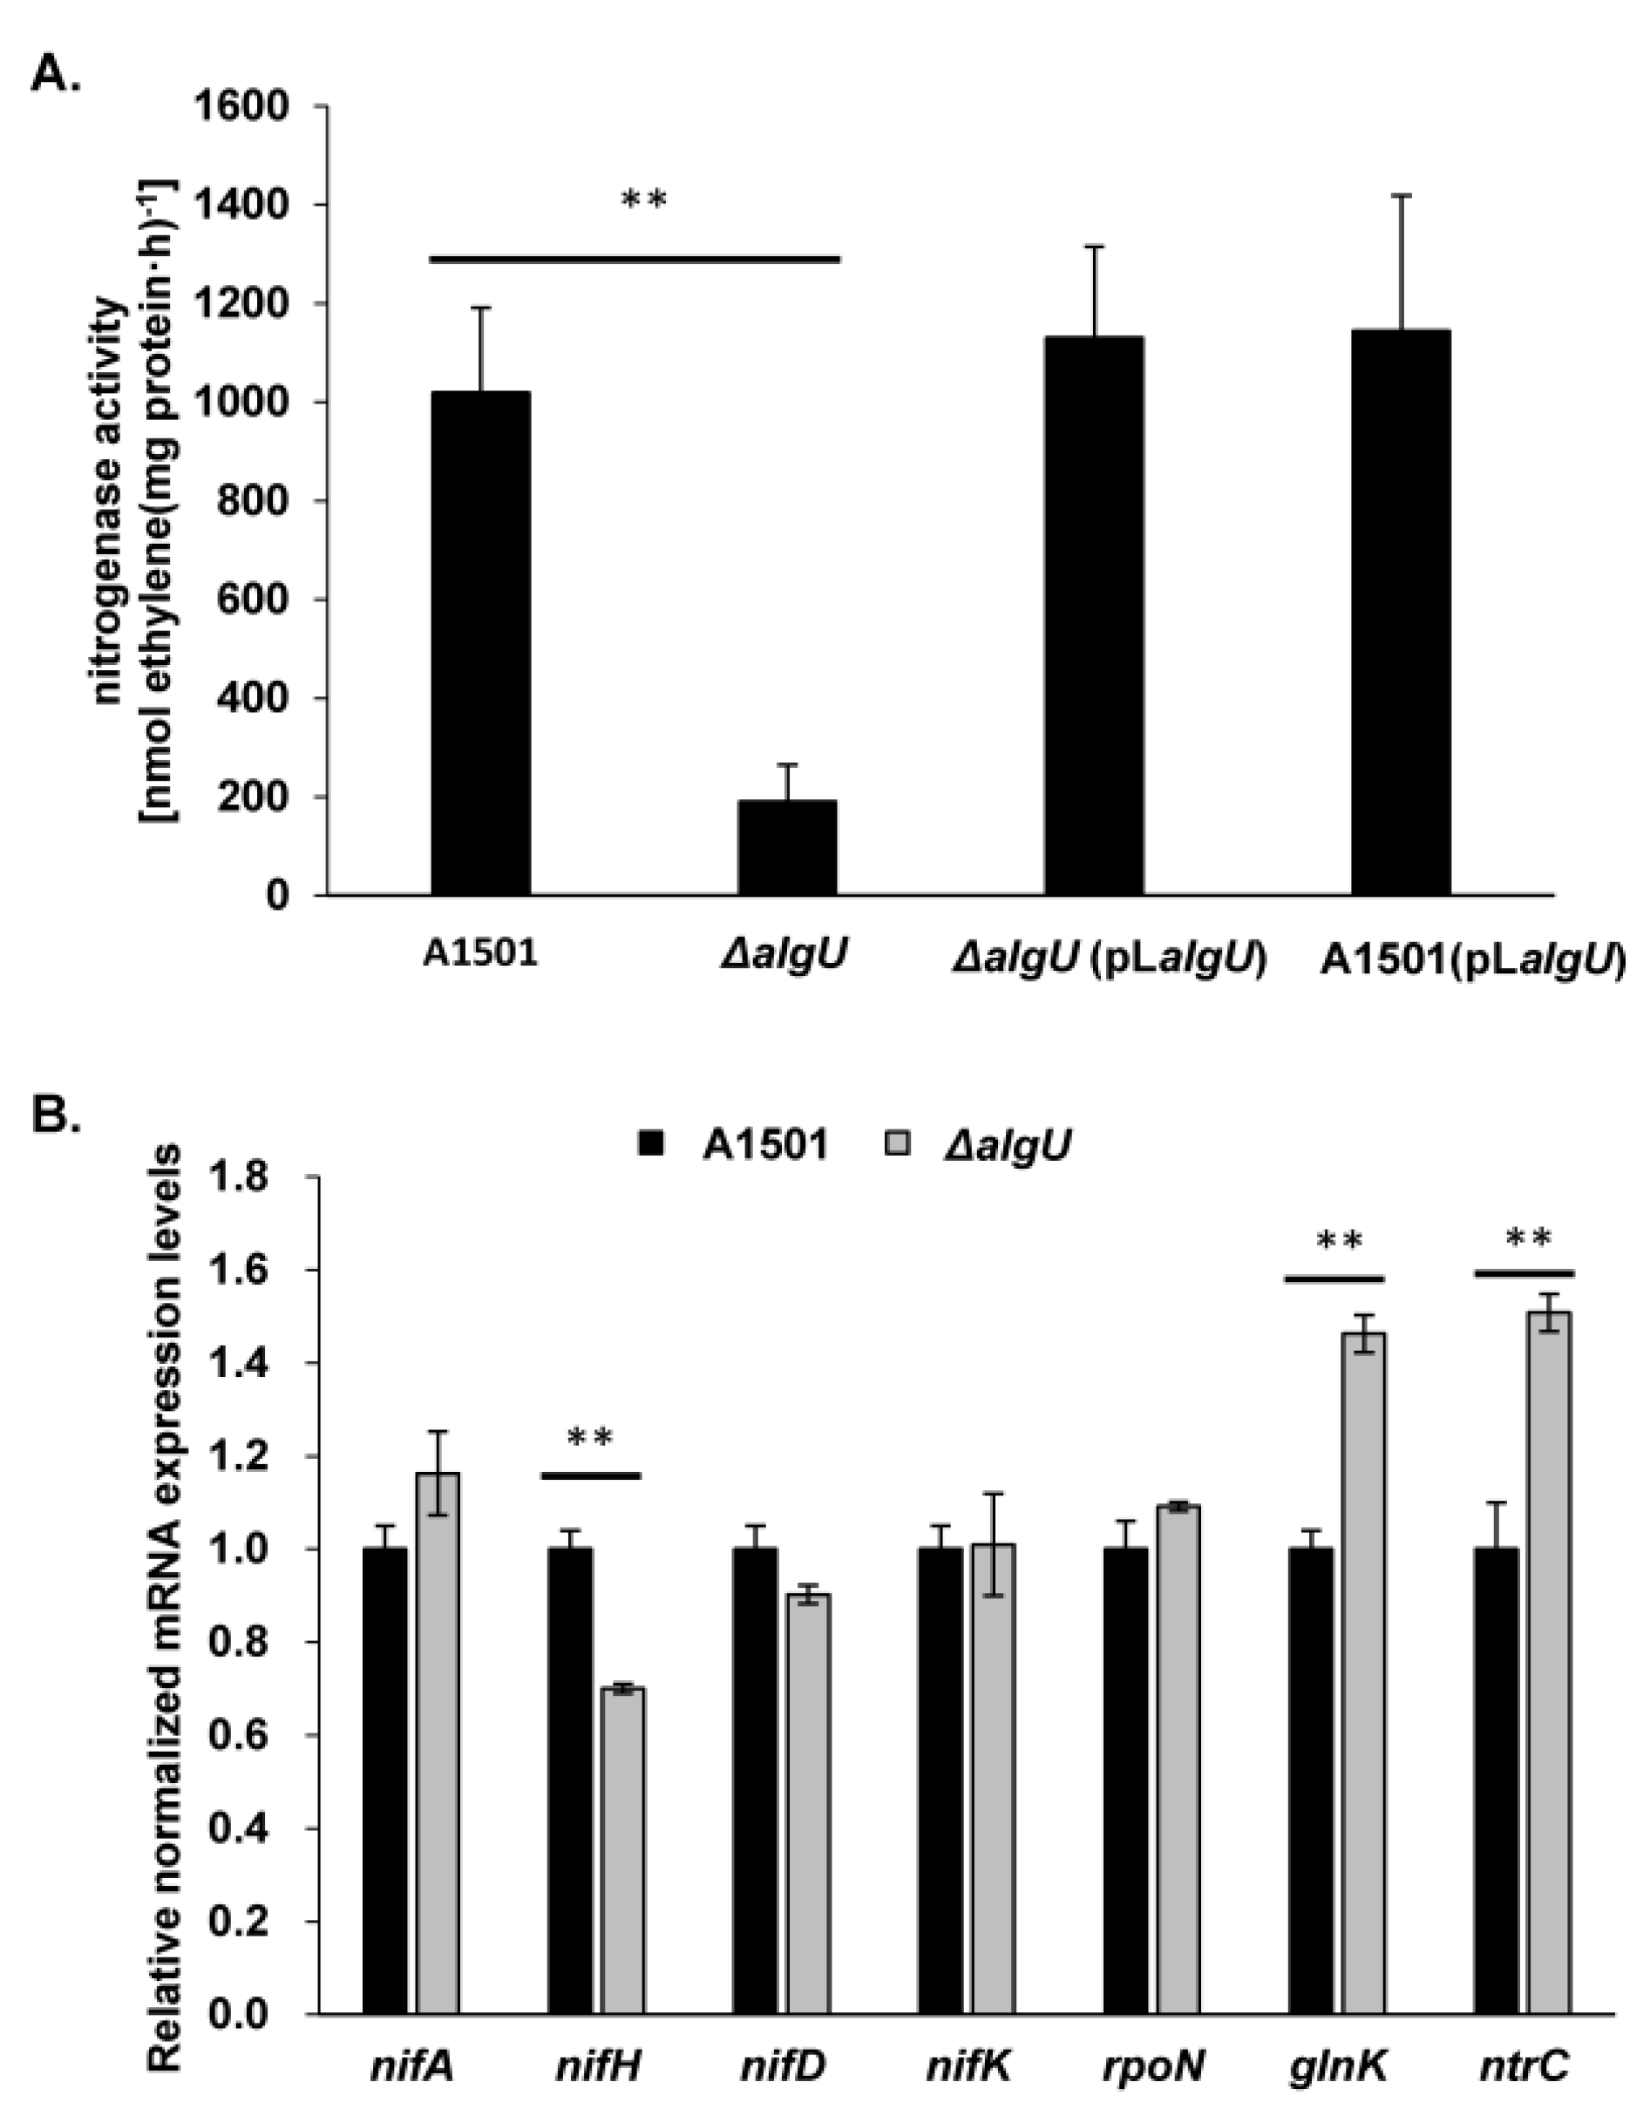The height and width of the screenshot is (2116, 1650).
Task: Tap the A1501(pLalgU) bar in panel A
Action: [1401, 611]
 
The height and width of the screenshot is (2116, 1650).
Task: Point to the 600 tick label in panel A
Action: [255, 600]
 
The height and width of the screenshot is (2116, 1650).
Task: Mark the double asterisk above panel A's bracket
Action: [643, 200]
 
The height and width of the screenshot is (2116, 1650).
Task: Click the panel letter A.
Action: [56, 72]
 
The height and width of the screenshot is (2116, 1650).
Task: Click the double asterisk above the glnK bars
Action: [1339, 1240]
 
